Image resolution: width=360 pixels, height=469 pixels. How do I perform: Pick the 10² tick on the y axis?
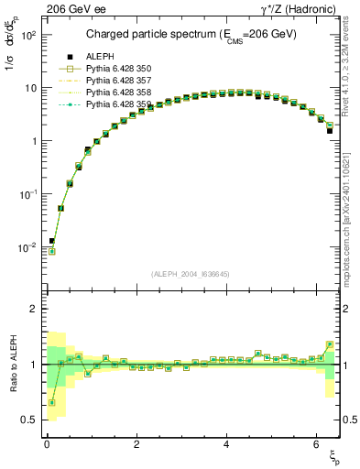point(27,35)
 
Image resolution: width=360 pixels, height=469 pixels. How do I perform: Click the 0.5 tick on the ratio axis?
point(27,420)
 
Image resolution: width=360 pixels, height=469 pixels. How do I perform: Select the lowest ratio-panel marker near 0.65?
point(51,402)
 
